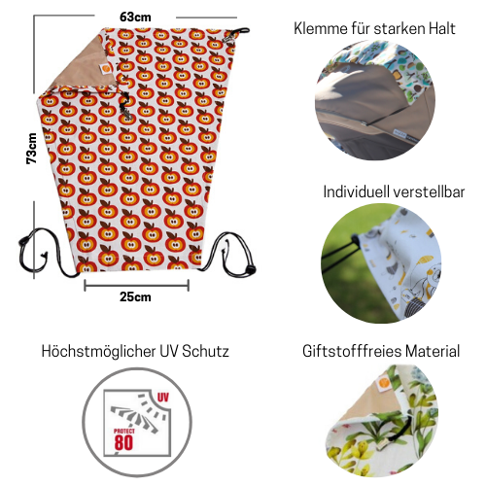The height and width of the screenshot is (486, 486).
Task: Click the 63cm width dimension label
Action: [135, 17]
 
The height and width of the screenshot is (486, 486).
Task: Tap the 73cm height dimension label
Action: [32, 149]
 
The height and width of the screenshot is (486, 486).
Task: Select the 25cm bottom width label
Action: [135, 296]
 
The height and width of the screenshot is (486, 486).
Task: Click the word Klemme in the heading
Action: [320, 28]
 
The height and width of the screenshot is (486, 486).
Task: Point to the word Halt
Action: [442, 28]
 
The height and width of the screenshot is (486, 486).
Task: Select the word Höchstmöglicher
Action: [98, 351]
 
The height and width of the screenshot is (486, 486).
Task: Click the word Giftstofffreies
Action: [352, 351]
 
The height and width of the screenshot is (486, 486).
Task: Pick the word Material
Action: [433, 351]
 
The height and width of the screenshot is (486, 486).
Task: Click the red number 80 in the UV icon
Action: [123, 442]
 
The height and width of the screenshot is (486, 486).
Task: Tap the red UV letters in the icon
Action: [162, 398]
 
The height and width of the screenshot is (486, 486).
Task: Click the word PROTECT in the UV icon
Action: [124, 431]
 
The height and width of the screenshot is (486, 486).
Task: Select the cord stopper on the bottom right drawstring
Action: [250, 269]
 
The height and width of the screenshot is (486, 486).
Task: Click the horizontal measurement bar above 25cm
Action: [136, 286]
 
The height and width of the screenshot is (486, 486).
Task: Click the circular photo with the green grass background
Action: [381, 263]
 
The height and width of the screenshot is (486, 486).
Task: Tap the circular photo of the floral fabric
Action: [382, 421]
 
